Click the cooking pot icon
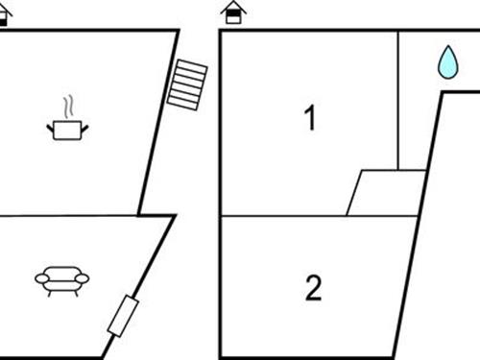click(x=66, y=129)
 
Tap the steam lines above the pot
click(x=66, y=105)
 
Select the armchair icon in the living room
click(x=61, y=278)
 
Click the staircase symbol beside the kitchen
click(x=186, y=84)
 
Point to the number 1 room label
click(x=309, y=119)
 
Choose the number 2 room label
click(x=313, y=288)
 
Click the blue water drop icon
click(x=447, y=62)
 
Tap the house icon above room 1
click(x=231, y=12)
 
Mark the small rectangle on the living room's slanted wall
click(x=124, y=316)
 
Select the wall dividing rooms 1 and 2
click(x=317, y=216)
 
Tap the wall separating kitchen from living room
click(x=72, y=215)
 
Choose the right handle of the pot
click(x=83, y=124)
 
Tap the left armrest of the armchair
click(x=41, y=278)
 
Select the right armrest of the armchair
click(x=83, y=278)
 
